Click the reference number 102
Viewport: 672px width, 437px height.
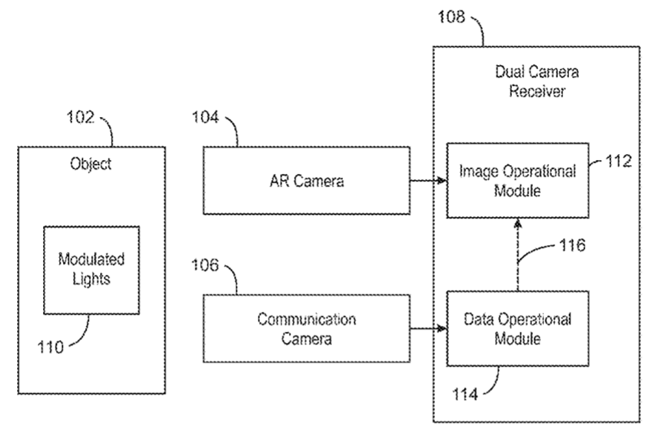[x=81, y=117]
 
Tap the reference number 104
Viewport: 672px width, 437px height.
[x=205, y=117]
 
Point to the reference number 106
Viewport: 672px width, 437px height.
[x=205, y=265]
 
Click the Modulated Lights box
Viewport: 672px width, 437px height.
[x=91, y=270]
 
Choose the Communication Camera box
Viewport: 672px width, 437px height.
[x=306, y=328]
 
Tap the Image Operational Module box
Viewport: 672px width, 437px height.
[x=517, y=180]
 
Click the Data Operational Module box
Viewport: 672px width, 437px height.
[x=517, y=328]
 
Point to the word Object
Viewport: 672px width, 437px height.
[x=90, y=164]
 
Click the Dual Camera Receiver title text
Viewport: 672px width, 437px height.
[x=536, y=81]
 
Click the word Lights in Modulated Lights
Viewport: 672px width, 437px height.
[x=91, y=279]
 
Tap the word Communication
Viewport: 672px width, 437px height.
[x=306, y=319]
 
